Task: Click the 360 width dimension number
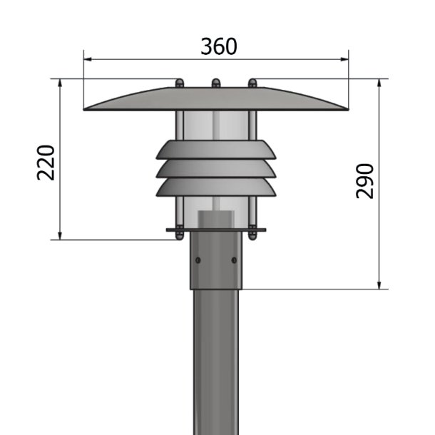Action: pyautogui.click(x=218, y=46)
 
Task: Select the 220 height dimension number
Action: pyautogui.click(x=46, y=163)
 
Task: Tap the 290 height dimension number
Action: pyautogui.click(x=364, y=181)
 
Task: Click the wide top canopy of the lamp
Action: pyautogui.click(x=216, y=98)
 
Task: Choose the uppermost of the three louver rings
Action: pyautogui.click(x=216, y=149)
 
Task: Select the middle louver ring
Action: pyautogui.click(x=216, y=168)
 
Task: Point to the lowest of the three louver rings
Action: pyautogui.click(x=216, y=187)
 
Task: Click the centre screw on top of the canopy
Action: pyautogui.click(x=215, y=83)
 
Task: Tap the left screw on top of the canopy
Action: pyautogui.click(x=179, y=83)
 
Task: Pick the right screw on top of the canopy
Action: pyautogui.click(x=251, y=83)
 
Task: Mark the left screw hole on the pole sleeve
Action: pyautogui.click(x=198, y=260)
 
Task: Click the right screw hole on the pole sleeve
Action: pyautogui.click(x=233, y=260)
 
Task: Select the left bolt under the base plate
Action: pyautogui.click(x=179, y=233)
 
